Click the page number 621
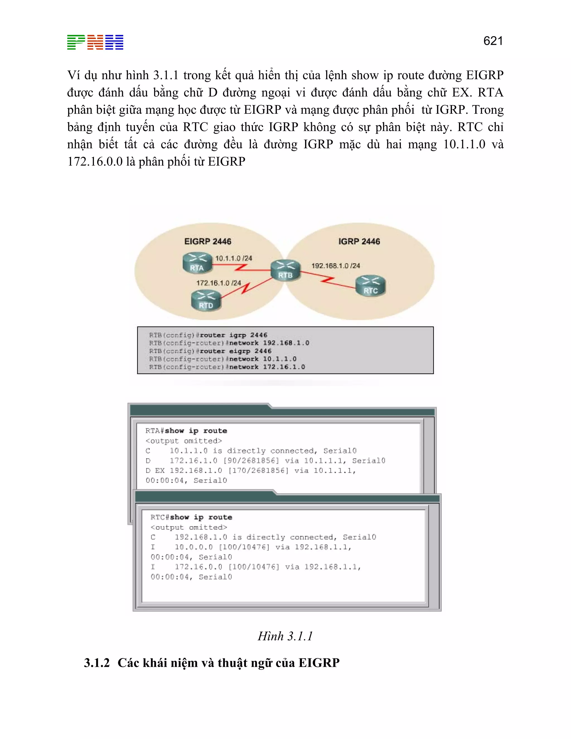tap(493, 41)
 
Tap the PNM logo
tap(95, 42)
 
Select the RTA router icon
tap(197, 263)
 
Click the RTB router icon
tap(285, 270)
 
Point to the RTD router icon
tap(206, 300)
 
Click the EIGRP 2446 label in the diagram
tap(208, 241)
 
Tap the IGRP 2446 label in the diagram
tap(359, 241)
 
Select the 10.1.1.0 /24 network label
tap(234, 259)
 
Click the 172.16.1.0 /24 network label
tap(219, 283)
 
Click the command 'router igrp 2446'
tap(233, 335)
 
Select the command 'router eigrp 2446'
tap(235, 351)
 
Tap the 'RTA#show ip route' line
tap(186, 431)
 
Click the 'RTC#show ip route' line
tap(191, 517)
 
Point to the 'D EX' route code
tap(155, 471)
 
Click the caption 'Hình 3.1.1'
tap(285, 636)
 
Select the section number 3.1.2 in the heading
tap(97, 663)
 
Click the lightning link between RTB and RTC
tap(327, 280)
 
